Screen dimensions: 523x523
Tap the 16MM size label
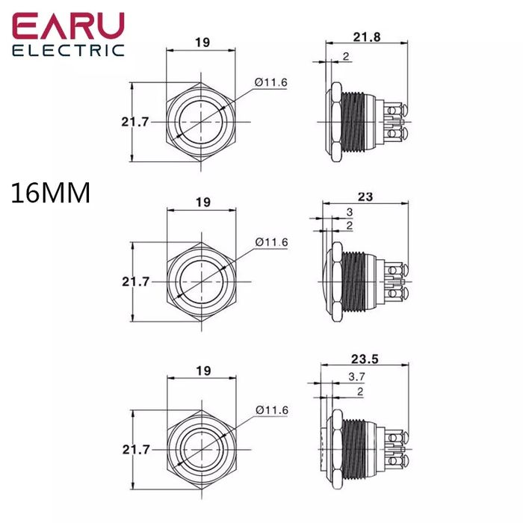coord(51,194)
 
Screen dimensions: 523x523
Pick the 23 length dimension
coord(365,196)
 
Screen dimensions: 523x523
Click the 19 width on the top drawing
coord(202,43)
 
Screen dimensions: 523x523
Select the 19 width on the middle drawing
coord(202,202)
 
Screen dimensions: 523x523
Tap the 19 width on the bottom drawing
coord(202,371)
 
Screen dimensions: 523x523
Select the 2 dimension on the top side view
coord(345,57)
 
